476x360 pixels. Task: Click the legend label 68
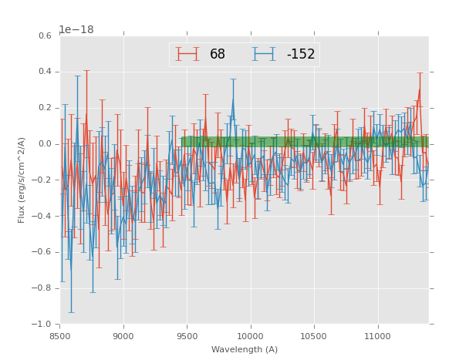[x=218, y=55]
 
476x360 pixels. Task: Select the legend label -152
[x=300, y=55]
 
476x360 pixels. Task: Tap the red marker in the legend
[x=187, y=54]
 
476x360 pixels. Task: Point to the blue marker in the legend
[x=265, y=54]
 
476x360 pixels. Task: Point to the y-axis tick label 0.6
[x=45, y=36]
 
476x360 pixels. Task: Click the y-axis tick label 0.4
[x=45, y=72]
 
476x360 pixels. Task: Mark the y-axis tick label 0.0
[x=45, y=144]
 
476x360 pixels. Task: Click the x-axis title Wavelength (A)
[x=245, y=350]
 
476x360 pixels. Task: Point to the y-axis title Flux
[x=22, y=180]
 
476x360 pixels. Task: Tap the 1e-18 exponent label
[x=76, y=30]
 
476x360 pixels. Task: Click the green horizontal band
[x=305, y=142]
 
